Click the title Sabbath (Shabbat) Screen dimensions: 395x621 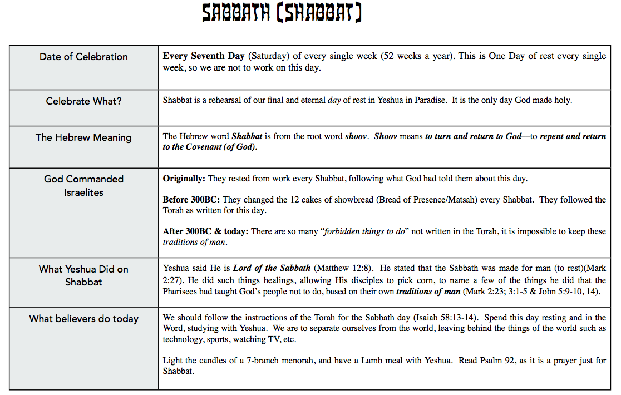[282, 13]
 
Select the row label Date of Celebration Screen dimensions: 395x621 [83, 57]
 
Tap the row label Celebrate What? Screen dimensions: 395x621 [83, 101]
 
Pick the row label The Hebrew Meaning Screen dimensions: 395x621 [83, 137]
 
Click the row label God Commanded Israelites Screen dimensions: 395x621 [83, 185]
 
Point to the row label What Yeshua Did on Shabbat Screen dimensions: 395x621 [83, 275]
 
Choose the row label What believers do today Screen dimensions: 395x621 [83, 319]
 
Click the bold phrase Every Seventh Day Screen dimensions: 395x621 [204, 56]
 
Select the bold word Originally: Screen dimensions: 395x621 [184, 179]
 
